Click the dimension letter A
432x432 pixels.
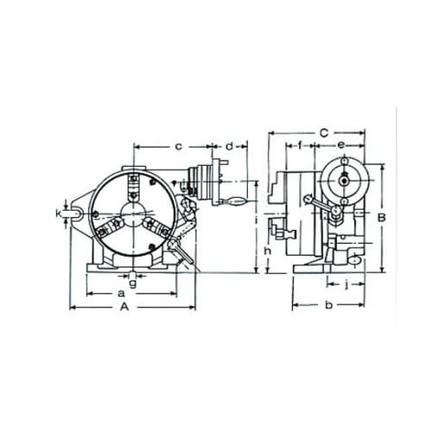124,307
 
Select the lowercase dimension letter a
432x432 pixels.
122,294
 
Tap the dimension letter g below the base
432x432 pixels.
132,283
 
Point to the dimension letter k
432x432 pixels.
59,213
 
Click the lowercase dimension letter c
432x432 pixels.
179,147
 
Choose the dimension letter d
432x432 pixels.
229,146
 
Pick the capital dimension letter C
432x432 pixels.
324,133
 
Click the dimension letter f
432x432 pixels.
300,145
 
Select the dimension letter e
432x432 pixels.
341,145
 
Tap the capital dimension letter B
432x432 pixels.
382,218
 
